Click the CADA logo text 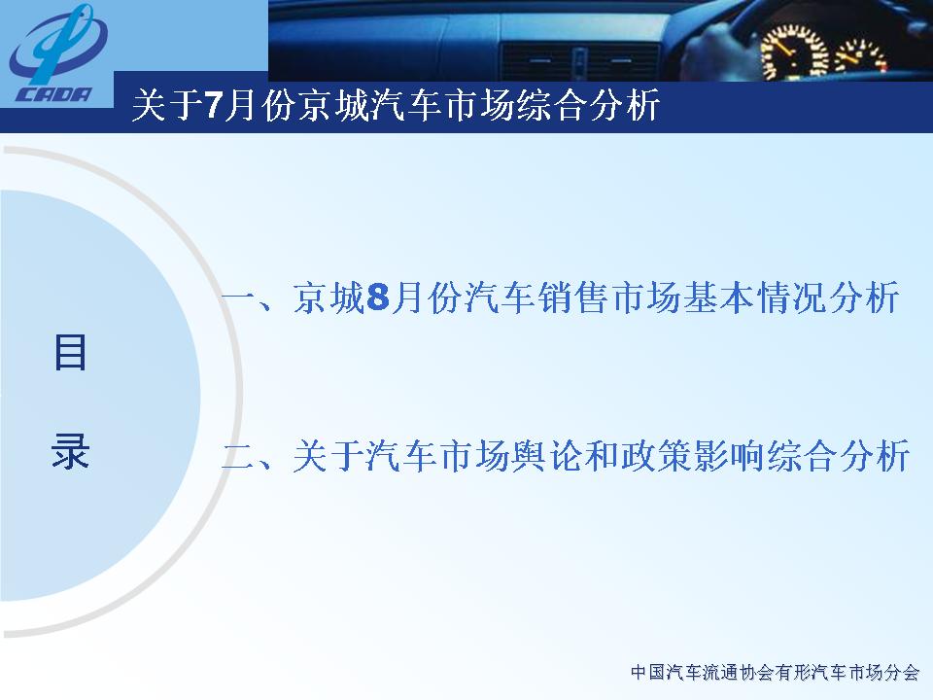(x=52, y=94)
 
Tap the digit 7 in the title (x=213, y=106)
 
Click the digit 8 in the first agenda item (x=378, y=297)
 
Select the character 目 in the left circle (x=70, y=352)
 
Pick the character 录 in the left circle (x=70, y=450)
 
